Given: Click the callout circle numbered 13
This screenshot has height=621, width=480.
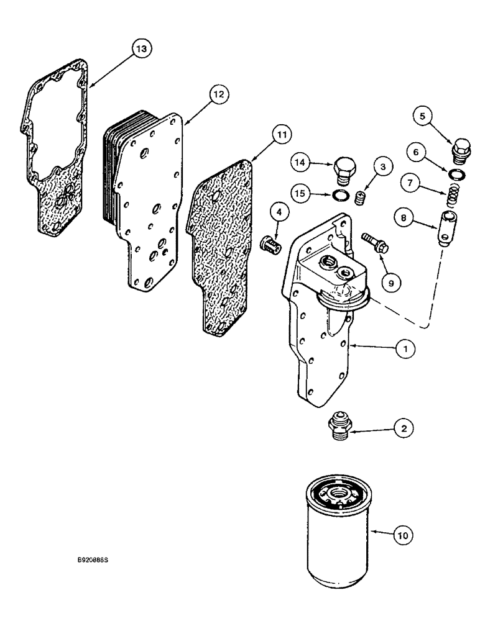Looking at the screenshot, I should coord(141,48).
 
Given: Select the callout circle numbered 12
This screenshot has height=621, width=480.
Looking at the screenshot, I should coord(218,94).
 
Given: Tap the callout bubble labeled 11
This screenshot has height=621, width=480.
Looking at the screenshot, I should coord(280,133).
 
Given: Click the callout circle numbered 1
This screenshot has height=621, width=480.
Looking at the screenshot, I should coord(405,350).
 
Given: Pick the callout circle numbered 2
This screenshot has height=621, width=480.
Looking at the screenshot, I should coord(405,428).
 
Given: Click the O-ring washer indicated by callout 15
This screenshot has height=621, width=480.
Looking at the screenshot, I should coord(339,197).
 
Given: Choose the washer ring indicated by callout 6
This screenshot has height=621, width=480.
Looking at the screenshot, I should coord(457,173).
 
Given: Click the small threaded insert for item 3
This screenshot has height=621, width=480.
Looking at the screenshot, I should coord(359,198).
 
